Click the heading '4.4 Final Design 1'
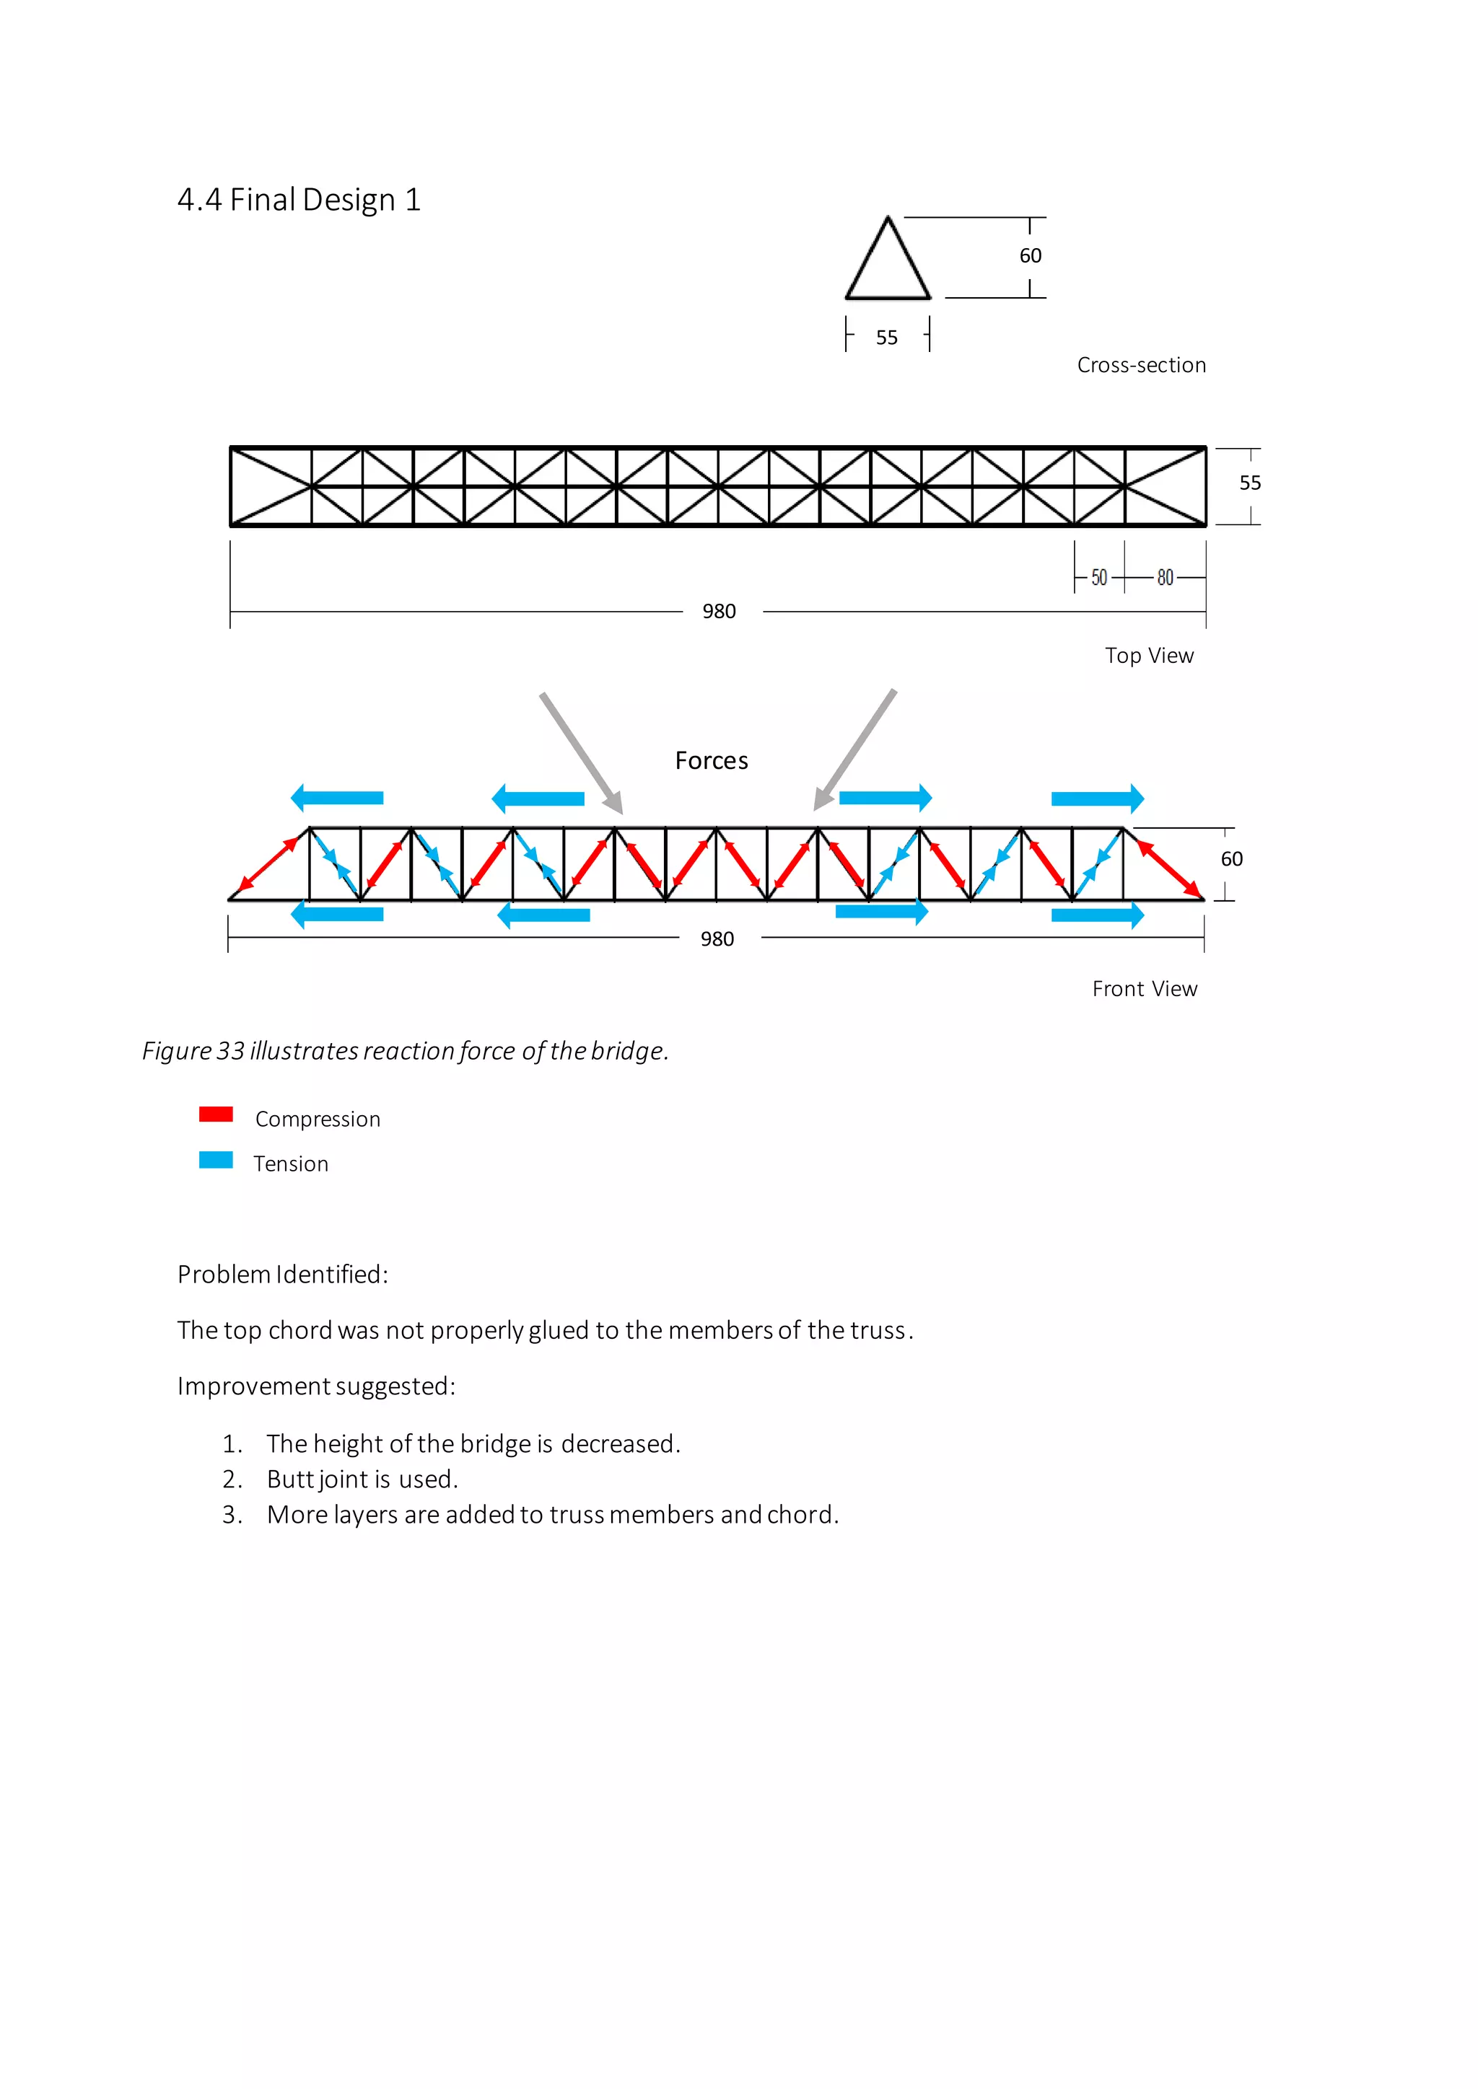(x=299, y=199)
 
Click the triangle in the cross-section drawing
(x=888, y=264)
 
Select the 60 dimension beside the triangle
(x=1031, y=255)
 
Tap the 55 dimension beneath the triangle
(x=886, y=338)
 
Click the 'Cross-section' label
(x=1141, y=365)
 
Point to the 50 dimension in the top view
(x=1098, y=578)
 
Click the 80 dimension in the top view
(x=1165, y=578)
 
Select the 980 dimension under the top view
(x=719, y=612)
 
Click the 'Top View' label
(x=1148, y=656)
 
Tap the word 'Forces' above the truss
(x=711, y=760)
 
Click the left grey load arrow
(x=581, y=752)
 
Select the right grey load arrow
(x=855, y=749)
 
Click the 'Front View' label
(x=1144, y=989)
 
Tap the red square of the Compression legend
(x=216, y=1114)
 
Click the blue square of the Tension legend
(x=216, y=1160)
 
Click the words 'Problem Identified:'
(x=282, y=1275)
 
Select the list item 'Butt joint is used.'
(x=362, y=1479)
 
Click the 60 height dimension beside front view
(x=1230, y=859)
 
